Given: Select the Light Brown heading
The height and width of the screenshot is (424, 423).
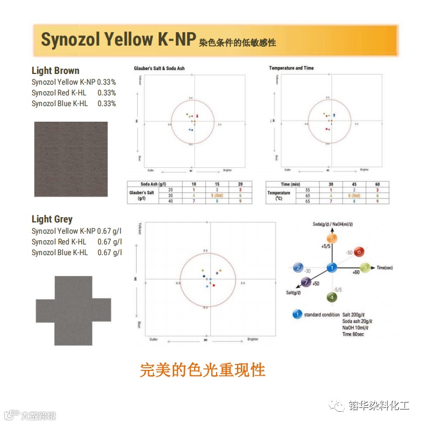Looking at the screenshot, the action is click(x=55, y=71).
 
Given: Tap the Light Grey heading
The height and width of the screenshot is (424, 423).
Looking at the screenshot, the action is click(x=52, y=219).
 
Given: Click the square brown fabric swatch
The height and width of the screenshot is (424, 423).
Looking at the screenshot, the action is click(x=71, y=159).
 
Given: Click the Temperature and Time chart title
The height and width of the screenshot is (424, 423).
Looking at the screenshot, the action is click(x=291, y=69).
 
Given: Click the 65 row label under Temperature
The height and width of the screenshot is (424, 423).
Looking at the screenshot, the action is click(x=308, y=202).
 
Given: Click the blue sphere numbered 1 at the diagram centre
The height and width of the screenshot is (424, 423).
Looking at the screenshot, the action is click(x=332, y=267).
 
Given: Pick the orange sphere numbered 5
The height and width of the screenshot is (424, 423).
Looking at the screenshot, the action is click(x=332, y=238).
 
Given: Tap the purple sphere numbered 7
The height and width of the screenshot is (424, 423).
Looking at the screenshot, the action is click(x=306, y=282).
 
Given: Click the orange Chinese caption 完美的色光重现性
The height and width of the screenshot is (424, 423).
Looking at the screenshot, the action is click(x=203, y=370).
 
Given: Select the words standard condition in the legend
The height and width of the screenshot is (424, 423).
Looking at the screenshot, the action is click(x=322, y=315).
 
